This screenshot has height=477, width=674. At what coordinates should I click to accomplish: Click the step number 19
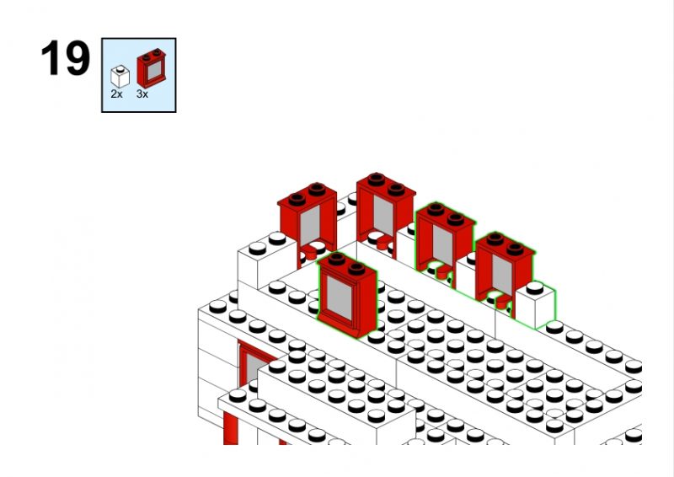66,58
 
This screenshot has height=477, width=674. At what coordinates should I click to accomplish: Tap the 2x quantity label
116,94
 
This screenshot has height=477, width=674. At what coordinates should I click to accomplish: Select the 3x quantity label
142,94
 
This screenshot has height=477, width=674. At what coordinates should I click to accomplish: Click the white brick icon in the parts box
120,77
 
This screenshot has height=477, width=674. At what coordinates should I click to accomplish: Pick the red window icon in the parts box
152,68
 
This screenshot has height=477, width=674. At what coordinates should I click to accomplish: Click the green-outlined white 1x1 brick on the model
536,305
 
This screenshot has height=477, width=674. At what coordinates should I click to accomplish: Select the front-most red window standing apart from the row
347,295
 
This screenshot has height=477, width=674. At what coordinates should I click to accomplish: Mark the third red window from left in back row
446,241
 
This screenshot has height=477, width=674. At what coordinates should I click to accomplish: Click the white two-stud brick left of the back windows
267,262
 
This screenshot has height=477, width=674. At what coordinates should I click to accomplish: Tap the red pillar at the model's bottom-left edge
230,427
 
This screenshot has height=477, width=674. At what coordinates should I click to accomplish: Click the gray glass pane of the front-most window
340,298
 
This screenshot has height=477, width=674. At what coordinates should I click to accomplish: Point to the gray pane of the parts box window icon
154,70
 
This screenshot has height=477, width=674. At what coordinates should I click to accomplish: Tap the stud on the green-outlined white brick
535,287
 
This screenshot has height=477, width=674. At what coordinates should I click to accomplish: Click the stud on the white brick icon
120,68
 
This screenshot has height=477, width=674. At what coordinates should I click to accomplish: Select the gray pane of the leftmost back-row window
310,227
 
